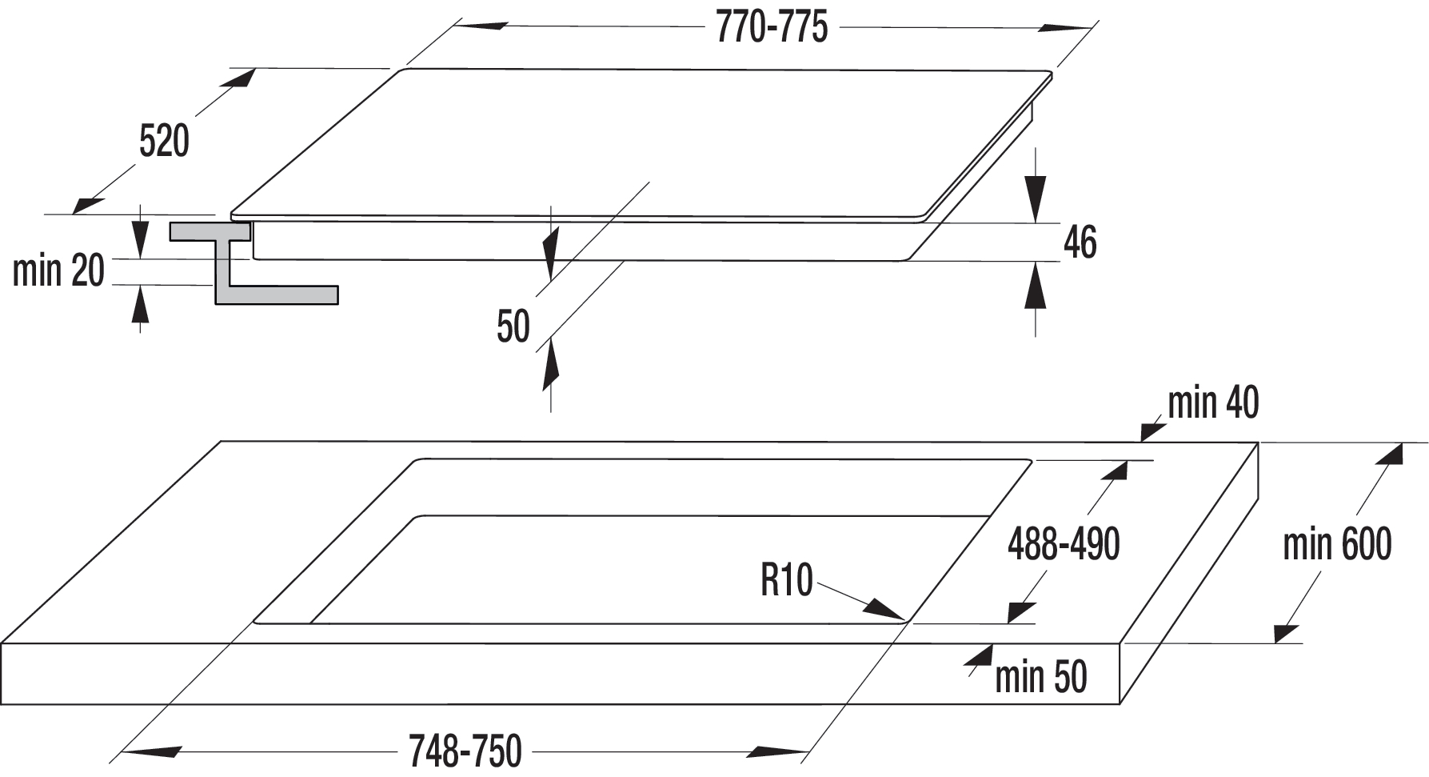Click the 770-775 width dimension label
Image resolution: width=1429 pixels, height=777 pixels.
click(772, 28)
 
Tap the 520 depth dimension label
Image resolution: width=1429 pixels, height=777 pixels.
click(164, 142)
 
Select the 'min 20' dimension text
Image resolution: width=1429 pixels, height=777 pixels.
click(58, 270)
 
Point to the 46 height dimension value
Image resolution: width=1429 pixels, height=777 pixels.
click(1080, 242)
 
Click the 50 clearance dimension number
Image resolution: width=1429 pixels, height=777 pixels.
click(513, 326)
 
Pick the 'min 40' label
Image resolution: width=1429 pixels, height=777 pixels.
click(1213, 403)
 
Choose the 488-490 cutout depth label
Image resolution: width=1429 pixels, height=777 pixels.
click(1064, 544)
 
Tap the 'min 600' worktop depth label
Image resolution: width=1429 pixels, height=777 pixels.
click(1337, 544)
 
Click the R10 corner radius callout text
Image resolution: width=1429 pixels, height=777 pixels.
click(787, 580)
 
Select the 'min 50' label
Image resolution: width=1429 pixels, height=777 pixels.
click(1041, 677)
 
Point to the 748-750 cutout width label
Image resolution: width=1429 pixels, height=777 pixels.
click(465, 751)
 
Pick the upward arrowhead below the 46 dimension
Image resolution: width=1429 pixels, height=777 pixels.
click(1036, 285)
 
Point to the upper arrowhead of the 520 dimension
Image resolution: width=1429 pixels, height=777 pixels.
click(241, 78)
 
